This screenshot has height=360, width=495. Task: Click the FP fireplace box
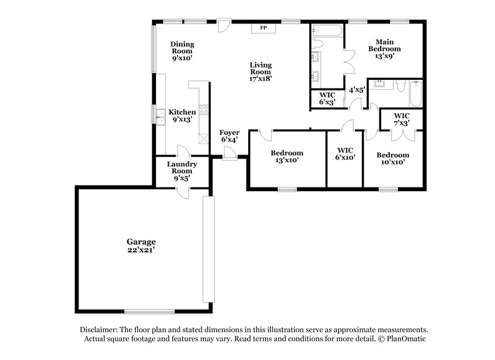tap(263, 28)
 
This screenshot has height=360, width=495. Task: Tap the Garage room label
tap(141, 246)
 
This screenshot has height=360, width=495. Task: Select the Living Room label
tap(260, 72)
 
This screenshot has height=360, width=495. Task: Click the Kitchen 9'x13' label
tap(183, 116)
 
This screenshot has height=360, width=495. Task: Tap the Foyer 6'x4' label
tap(230, 136)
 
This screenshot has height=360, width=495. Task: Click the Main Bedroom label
tap(384, 48)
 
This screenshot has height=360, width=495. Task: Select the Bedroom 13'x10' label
tap(287, 156)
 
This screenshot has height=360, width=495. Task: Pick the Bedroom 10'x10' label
tap(393, 158)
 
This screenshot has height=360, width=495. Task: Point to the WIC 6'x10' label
tap(345, 153)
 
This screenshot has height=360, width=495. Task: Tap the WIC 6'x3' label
tap(327, 98)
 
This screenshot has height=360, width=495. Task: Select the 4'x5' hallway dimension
tap(357, 90)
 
